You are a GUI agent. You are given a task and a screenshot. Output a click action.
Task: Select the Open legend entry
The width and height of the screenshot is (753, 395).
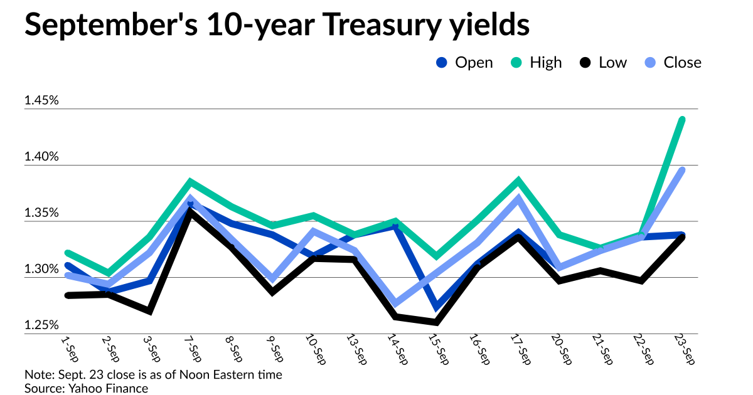tap(465, 63)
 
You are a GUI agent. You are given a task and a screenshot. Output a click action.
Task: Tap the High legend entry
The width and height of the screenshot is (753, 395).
tap(537, 63)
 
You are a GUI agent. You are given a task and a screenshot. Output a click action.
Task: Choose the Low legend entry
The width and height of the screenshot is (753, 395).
tap(603, 63)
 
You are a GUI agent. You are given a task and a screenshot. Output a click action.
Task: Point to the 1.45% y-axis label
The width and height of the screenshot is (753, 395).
tap(41, 100)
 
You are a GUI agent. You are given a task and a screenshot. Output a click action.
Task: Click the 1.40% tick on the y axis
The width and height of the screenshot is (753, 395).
tap(41, 157)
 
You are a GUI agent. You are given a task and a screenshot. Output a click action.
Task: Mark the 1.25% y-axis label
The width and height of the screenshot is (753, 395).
tap(41, 325)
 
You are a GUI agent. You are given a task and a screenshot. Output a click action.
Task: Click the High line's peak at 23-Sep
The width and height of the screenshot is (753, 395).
tap(681, 119)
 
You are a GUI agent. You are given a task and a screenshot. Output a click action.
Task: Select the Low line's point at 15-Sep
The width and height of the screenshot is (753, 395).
tap(435, 322)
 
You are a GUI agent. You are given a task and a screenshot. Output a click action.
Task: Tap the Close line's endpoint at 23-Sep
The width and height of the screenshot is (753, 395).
tap(681, 170)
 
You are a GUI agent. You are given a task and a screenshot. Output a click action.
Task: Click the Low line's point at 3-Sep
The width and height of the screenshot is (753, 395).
tap(149, 311)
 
